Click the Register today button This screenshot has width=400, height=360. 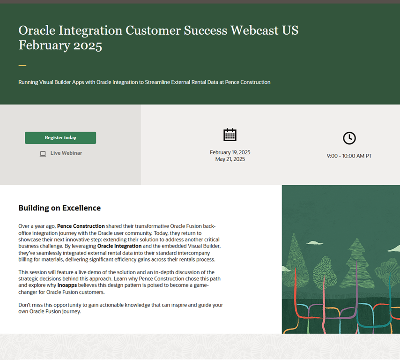click(x=60, y=138)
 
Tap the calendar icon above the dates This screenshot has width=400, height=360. click(x=230, y=135)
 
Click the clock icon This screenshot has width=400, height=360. click(x=349, y=138)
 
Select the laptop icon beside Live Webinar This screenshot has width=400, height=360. click(x=43, y=154)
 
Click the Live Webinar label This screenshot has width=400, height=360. click(x=66, y=153)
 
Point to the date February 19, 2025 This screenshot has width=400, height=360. click(x=230, y=152)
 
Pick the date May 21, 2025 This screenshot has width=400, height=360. click(x=230, y=159)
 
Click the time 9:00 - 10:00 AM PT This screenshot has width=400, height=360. click(x=349, y=156)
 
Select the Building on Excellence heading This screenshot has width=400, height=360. click(x=59, y=208)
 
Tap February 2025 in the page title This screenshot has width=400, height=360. click(x=60, y=45)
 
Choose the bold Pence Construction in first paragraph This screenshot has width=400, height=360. click(x=81, y=226)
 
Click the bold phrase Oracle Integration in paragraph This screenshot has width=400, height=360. click(x=119, y=246)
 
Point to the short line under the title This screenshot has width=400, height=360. click(x=22, y=65)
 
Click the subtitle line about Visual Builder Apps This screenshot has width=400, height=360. click(x=144, y=82)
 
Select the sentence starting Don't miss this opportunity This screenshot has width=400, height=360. click(x=120, y=308)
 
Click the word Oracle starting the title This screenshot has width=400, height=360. click(x=36, y=30)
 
